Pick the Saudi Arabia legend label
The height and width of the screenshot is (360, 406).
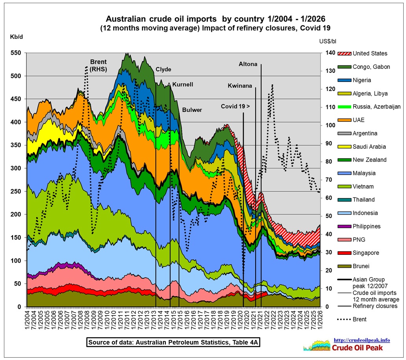point(369,147)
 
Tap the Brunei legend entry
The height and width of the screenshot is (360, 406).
point(361,266)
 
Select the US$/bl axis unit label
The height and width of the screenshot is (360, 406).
point(328,41)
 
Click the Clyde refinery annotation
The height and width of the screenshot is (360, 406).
point(163,69)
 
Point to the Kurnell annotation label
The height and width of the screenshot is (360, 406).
point(183,85)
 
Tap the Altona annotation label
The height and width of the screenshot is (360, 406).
point(248,64)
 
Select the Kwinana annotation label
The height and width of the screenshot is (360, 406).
point(240,86)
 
